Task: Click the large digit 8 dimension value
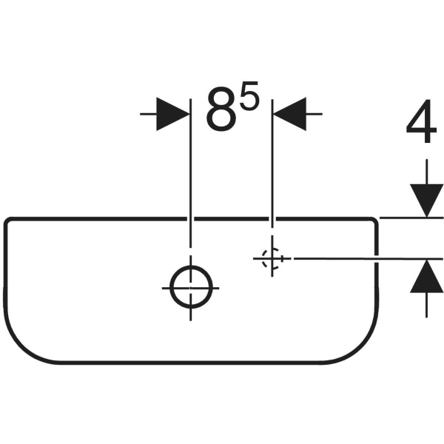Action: coord(221,110)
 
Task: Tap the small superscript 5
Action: coord(250,95)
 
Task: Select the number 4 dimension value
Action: coord(421,121)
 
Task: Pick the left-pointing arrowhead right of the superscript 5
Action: coord(289,114)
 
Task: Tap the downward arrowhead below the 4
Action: coord(427,201)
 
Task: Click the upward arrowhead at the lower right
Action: coord(427,276)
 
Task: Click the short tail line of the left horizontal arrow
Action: coord(149,114)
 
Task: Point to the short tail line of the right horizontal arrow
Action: coord(314,114)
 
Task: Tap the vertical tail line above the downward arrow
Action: coord(427,172)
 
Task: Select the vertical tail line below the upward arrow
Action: coord(427,305)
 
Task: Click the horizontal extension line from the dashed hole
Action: coord(368,258)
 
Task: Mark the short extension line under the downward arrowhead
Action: coord(411,218)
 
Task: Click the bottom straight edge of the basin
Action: coord(191,363)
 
